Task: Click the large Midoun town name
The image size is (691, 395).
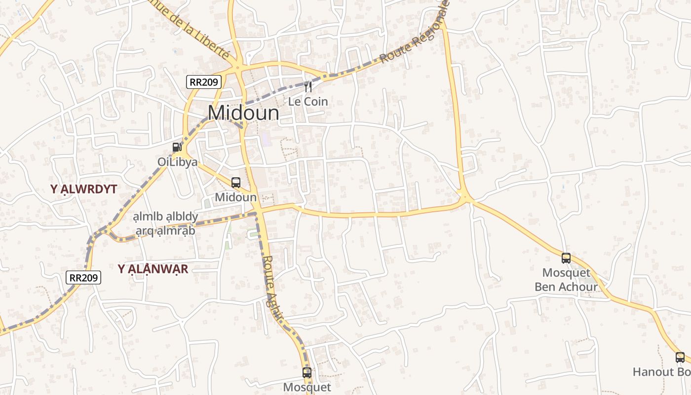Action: (243, 113)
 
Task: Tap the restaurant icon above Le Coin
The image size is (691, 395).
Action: (308, 87)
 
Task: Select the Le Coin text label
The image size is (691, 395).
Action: (308, 102)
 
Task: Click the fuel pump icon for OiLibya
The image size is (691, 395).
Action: (177, 147)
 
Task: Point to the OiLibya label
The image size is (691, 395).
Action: (177, 162)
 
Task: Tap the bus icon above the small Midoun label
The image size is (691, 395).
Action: (236, 182)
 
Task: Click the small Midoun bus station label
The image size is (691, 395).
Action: (236, 197)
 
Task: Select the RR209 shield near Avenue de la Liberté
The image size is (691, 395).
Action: (204, 82)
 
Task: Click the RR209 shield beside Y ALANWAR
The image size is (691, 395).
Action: (83, 277)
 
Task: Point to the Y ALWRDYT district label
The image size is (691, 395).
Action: (83, 189)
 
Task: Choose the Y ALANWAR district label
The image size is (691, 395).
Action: (153, 269)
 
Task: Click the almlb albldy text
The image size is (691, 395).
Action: (165, 217)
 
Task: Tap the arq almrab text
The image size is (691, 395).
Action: (165, 231)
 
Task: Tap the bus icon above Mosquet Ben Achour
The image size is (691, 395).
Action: (566, 258)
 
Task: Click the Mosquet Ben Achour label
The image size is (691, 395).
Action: (566, 279)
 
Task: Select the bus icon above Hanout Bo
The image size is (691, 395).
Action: (680, 357)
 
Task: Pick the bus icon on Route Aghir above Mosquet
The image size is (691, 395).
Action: (307, 372)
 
